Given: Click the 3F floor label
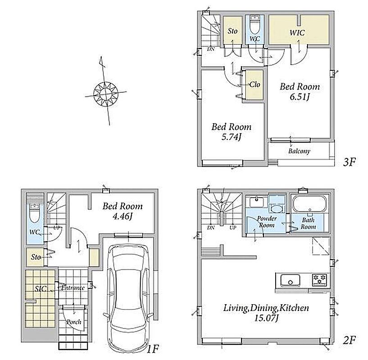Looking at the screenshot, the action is click(x=349, y=162).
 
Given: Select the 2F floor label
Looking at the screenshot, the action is click(x=349, y=340).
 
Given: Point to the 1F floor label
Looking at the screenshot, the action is click(x=153, y=349).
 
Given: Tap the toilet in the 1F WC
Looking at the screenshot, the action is click(x=35, y=213).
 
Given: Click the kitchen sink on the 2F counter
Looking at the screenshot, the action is click(x=290, y=280).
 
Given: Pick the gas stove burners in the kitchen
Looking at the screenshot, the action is click(x=319, y=279).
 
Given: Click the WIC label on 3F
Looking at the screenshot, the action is click(x=297, y=32).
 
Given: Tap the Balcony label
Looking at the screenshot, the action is click(x=299, y=151).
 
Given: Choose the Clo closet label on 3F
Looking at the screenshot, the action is click(x=254, y=84).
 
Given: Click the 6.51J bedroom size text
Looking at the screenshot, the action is click(x=300, y=97).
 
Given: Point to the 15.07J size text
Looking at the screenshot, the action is click(x=266, y=318).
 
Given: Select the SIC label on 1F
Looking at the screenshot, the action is click(x=41, y=289).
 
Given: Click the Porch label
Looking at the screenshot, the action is click(x=74, y=322).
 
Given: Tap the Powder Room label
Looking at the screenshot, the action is click(x=267, y=222).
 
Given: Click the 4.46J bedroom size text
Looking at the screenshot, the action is click(x=123, y=216).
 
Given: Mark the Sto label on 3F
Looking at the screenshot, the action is click(x=232, y=31).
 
